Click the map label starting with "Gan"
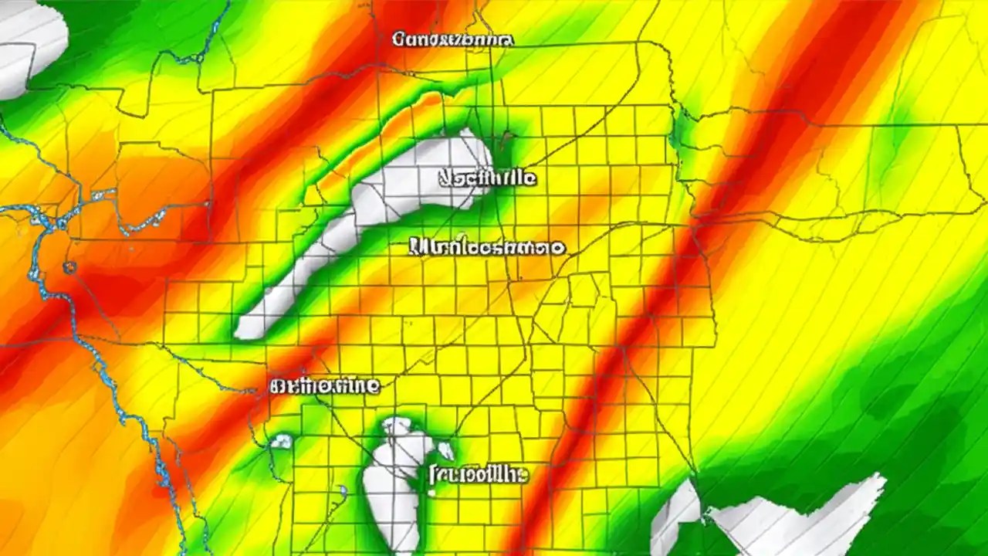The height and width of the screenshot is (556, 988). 452,39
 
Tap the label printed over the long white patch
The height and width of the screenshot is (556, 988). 487,178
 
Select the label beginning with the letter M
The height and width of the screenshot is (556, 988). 486,248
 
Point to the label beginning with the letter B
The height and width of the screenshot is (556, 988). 325,385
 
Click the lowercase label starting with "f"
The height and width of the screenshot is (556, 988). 477,474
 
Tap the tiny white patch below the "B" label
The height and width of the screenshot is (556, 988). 282,441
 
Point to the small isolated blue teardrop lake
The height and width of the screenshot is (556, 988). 343,490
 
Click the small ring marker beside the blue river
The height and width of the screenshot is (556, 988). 69,268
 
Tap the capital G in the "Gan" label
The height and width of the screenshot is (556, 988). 398,39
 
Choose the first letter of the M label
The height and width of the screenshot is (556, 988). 418,248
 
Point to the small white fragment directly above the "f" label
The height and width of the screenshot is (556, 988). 445,450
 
